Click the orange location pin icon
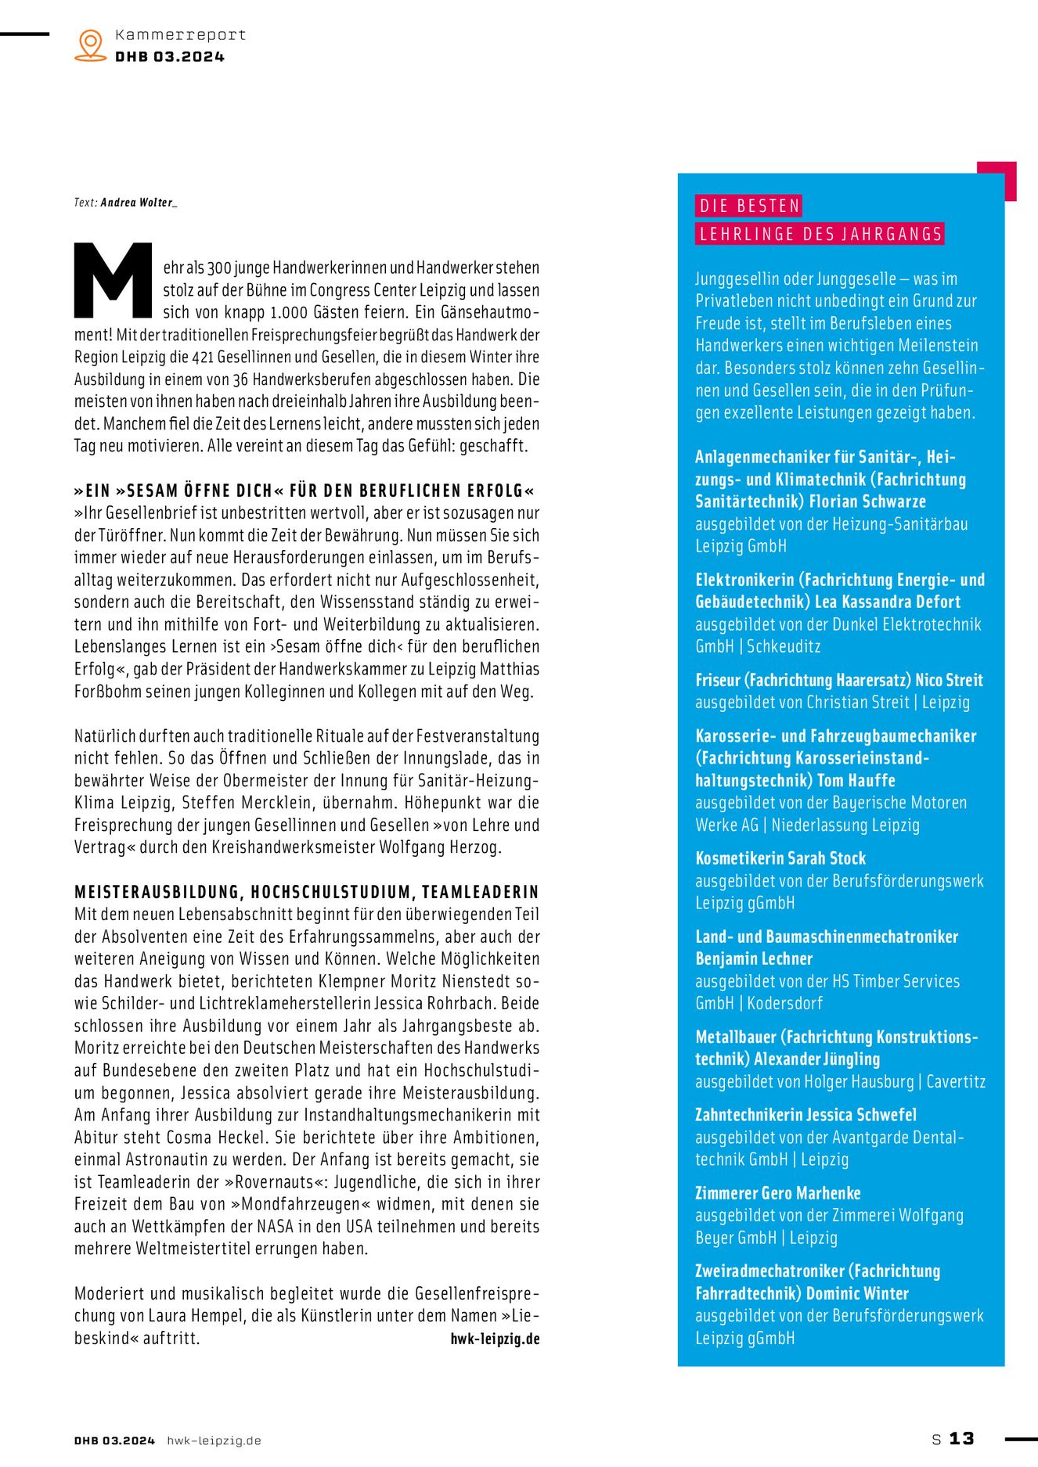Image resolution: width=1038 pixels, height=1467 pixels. (91, 45)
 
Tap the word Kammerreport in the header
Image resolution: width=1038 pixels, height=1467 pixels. (180, 35)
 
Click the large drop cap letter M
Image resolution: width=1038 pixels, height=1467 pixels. (113, 280)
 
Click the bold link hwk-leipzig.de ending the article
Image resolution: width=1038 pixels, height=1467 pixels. (495, 1339)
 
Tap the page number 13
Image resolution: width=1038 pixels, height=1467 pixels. (961, 1439)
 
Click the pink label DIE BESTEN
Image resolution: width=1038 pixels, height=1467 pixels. (749, 206)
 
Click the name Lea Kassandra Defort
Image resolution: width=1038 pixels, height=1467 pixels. (888, 602)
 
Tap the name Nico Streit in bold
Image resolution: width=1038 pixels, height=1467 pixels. (949, 680)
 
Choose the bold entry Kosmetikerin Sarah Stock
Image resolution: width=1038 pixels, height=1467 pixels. (780, 858)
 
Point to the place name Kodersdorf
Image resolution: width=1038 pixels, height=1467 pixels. (784, 1003)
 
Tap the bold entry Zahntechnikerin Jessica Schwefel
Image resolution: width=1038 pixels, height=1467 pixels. (806, 1115)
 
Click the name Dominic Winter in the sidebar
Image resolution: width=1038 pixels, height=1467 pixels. (857, 1293)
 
